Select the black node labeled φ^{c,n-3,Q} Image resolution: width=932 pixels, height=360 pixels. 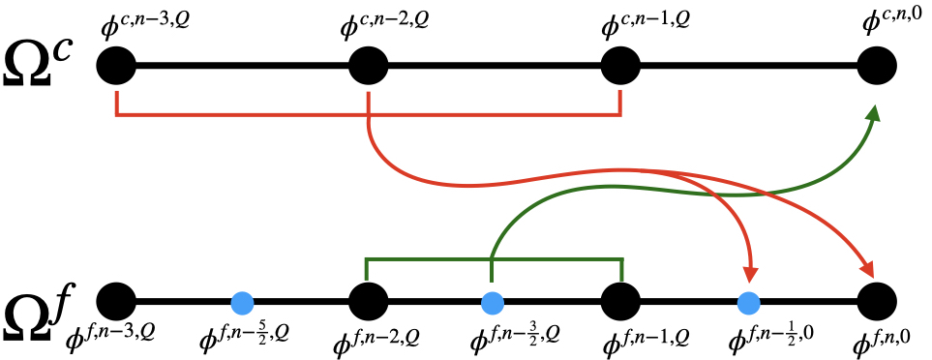116,67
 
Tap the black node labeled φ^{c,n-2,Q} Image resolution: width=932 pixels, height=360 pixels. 368,67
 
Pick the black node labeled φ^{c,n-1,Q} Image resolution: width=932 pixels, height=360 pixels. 621,67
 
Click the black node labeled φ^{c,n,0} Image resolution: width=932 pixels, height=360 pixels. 876,67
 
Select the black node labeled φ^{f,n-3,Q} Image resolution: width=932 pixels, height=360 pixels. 116,303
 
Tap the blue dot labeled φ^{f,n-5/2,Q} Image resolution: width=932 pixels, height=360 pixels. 242,303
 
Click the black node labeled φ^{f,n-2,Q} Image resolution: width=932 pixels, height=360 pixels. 368,303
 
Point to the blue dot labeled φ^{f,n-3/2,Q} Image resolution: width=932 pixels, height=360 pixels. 493,303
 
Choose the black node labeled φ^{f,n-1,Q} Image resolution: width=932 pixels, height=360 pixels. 621,303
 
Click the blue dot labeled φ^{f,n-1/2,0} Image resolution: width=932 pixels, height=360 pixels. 748,303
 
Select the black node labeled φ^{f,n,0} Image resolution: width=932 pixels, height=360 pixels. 876,303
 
